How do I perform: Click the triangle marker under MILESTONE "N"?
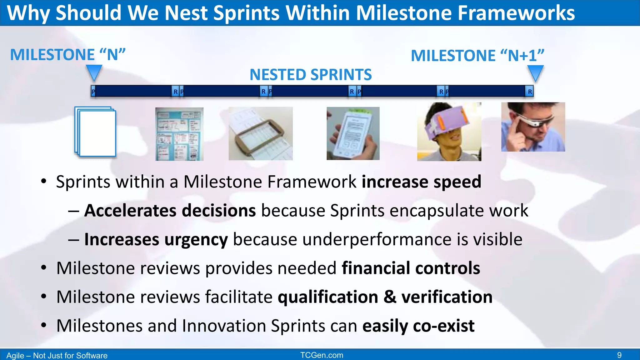[x=94, y=72]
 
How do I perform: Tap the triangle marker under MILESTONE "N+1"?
[x=535, y=72]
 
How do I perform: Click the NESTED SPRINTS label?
[x=311, y=75]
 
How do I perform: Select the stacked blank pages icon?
[x=95, y=132]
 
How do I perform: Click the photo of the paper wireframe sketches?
[x=179, y=134]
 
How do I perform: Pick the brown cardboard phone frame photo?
[x=261, y=134]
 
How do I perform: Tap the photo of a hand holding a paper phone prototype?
[x=353, y=133]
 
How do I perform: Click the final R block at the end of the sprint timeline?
[x=530, y=92]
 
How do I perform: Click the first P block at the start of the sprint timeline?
[x=93, y=92]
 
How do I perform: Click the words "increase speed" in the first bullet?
[x=421, y=182]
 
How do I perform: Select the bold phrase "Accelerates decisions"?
[x=170, y=210]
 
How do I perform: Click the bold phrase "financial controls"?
[x=411, y=268]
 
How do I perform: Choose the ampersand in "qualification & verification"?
[x=390, y=297]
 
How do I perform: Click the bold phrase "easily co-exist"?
[x=418, y=326]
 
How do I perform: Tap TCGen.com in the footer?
[x=322, y=355]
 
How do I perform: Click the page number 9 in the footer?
[x=619, y=355]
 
